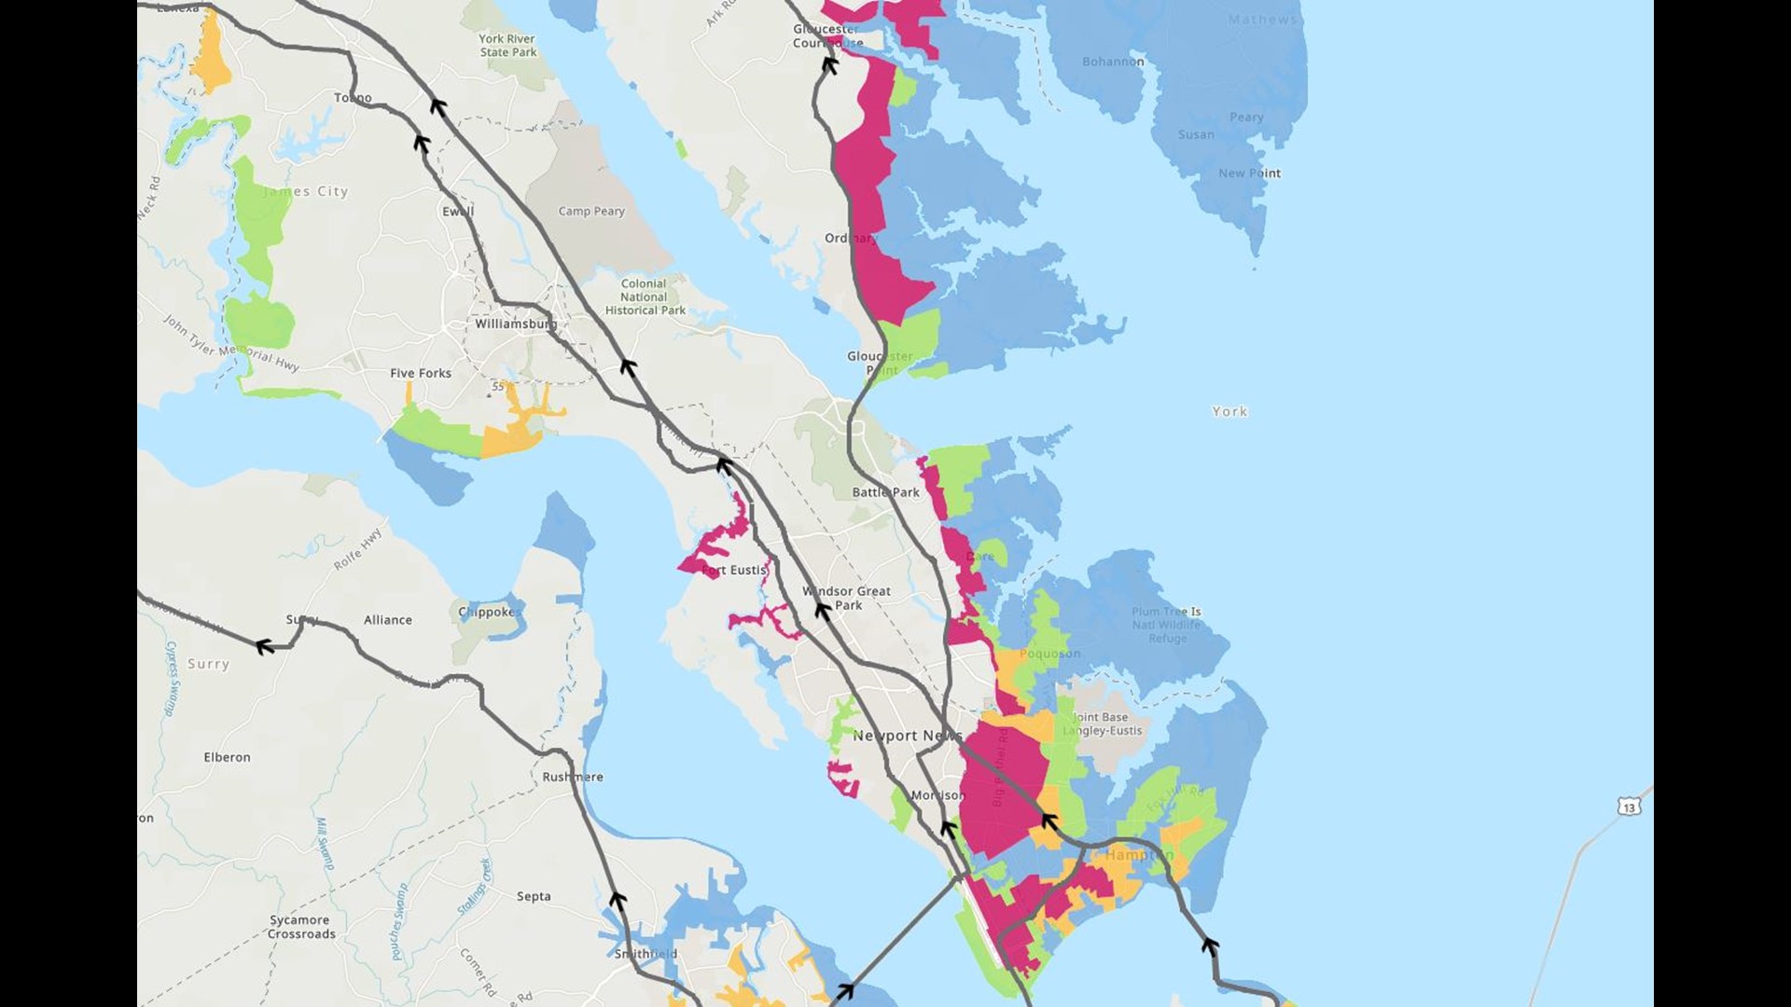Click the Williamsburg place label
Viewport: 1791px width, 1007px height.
tap(515, 324)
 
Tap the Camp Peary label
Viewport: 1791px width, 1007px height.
tap(591, 212)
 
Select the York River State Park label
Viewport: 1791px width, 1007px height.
tap(507, 46)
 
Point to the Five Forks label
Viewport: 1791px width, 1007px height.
tap(421, 373)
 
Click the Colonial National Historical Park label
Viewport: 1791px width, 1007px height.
tap(645, 297)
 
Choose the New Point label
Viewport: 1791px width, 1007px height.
tap(1249, 173)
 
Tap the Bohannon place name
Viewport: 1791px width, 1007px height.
tap(1113, 62)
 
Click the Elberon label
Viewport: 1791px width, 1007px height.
tap(227, 757)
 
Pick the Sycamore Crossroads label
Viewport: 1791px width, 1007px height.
tap(301, 927)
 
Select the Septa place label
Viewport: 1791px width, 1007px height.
tap(534, 897)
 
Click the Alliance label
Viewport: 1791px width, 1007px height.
tap(388, 620)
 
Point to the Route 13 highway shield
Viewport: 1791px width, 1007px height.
tap(1630, 807)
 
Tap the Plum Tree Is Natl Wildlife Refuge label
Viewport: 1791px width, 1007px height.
tap(1167, 625)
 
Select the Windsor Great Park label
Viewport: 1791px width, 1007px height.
tap(847, 598)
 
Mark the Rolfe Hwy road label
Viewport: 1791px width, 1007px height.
tap(358, 549)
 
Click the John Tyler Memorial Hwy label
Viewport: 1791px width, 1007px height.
tap(231, 343)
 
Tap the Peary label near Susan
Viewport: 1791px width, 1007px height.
tap(1246, 117)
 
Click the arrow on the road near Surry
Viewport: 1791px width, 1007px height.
tap(266, 646)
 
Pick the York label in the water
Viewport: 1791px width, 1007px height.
tap(1229, 411)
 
